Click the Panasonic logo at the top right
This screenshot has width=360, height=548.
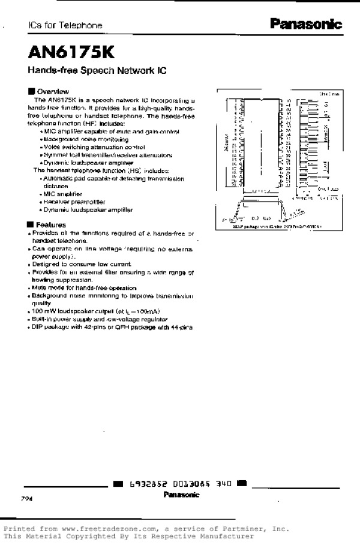pyautogui.click(x=305, y=25)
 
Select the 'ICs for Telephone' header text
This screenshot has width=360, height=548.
pyautogui.click(x=65, y=26)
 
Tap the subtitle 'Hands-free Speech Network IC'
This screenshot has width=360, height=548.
pyautogui.click(x=96, y=70)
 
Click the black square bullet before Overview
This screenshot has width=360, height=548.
pyautogui.click(x=31, y=91)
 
